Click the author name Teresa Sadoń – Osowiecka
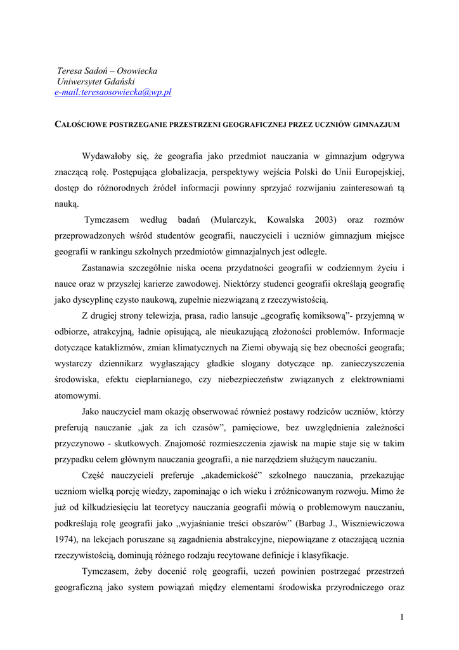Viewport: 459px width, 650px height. [107, 71]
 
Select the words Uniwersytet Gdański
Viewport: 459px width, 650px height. [96, 82]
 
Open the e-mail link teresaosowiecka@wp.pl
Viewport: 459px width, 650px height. [113, 93]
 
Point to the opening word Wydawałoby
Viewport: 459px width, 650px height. [106, 156]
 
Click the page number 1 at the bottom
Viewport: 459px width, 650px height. [402, 617]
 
